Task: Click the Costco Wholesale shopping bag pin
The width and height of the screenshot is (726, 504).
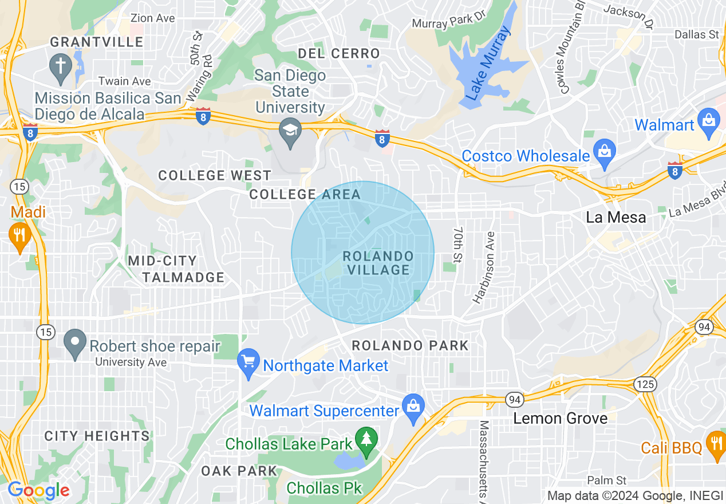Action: [603, 152]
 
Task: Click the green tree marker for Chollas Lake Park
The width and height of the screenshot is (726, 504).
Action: [366, 440]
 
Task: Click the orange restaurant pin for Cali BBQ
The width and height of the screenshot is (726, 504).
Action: [716, 444]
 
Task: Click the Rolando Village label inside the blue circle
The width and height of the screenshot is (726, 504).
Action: [378, 263]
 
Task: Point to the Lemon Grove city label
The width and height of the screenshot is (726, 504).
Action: [560, 418]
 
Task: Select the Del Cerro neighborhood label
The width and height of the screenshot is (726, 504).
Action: [338, 54]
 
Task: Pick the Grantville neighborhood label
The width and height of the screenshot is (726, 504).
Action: [96, 42]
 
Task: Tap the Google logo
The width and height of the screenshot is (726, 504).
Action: [39, 490]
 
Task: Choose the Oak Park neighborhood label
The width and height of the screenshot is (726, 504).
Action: [239, 471]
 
